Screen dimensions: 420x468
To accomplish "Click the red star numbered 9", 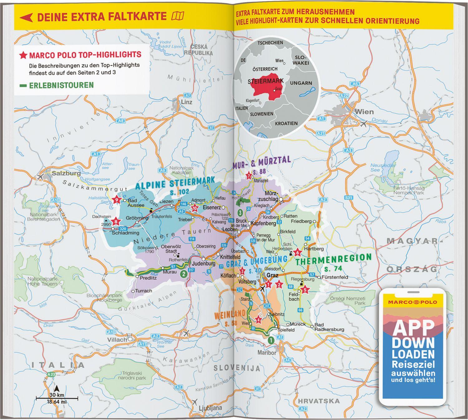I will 117,200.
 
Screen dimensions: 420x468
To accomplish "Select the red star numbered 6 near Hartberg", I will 297,252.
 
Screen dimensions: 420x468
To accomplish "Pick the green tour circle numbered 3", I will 240,213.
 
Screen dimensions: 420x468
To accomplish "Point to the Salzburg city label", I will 66,173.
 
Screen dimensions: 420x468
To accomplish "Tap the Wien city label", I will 364,112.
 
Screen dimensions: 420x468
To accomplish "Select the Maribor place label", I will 267,353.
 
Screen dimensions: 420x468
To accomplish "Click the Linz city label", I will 187,102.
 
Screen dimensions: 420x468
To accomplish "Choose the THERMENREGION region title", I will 334,259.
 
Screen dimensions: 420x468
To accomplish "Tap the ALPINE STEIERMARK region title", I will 175,183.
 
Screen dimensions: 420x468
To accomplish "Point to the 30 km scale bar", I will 56,398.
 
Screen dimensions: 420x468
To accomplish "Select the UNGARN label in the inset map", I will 301,83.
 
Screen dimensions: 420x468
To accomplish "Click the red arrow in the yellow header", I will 26,17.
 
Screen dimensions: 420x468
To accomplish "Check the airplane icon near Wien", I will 363,124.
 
